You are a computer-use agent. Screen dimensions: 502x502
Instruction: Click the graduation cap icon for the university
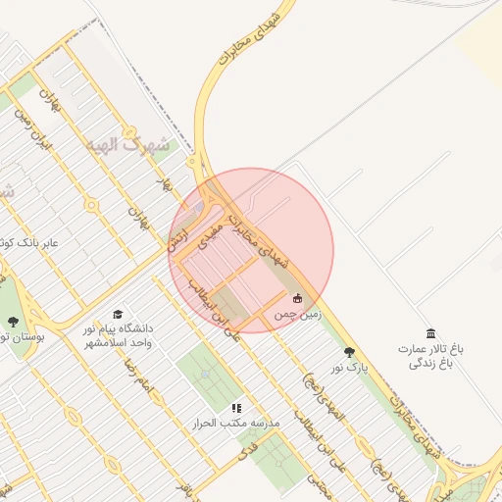coord(119,315)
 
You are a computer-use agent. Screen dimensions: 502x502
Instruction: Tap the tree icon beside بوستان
coord(12,321)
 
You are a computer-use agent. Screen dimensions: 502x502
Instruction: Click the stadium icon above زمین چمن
coord(298,298)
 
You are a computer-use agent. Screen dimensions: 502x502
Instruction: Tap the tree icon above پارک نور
coord(348,352)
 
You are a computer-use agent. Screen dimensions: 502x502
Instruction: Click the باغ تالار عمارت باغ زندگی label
coord(429,355)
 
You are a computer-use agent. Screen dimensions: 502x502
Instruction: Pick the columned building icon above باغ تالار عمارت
coord(429,334)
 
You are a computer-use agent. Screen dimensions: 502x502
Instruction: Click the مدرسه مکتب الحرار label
coord(237,424)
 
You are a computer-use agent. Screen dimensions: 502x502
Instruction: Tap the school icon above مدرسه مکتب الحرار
coord(236,407)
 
